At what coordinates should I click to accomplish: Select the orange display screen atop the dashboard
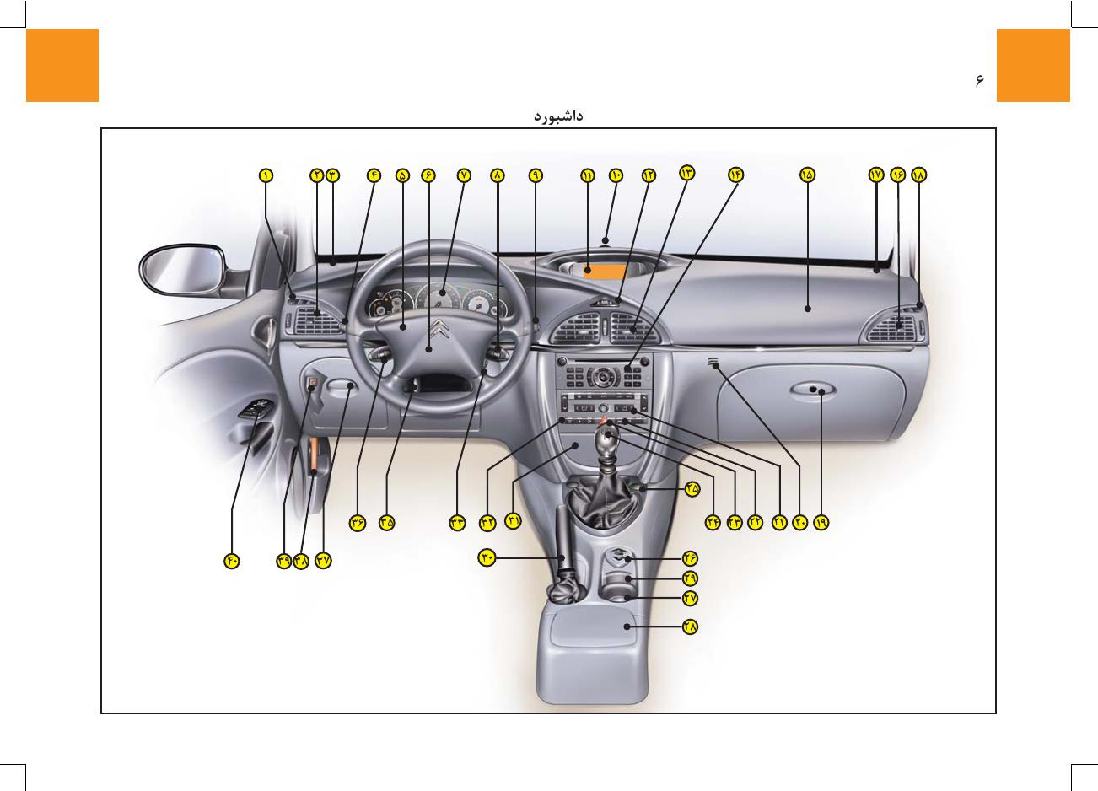[x=605, y=271]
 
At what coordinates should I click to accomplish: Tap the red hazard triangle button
[x=604, y=418]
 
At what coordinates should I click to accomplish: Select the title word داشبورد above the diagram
[x=558, y=115]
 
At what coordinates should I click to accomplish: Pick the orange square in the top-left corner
[x=62, y=65]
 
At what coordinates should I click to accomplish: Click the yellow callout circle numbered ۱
[x=266, y=175]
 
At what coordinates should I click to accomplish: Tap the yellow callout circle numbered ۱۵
[x=807, y=175]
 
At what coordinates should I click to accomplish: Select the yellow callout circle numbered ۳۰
[x=487, y=557]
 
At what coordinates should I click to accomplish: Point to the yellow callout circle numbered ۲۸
[x=691, y=627]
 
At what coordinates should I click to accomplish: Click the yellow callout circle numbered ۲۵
[x=692, y=488]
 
